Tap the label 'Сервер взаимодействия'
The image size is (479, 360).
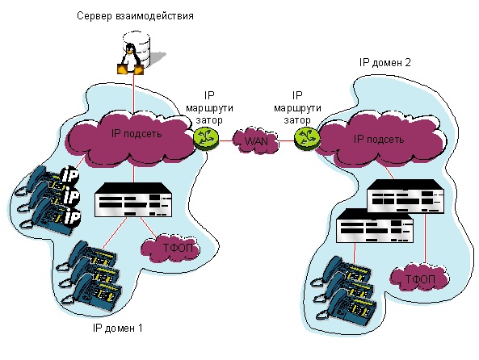135,16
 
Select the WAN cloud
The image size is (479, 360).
255,140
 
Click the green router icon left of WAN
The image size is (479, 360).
206,139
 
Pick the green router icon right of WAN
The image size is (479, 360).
307,138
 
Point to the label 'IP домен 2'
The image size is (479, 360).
385,63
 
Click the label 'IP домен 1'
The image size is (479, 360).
118,329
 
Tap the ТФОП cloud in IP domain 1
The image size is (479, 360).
170,248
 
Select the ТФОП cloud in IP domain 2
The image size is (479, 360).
420,278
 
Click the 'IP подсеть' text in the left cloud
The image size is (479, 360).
137,133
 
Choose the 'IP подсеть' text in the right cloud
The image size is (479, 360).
379,139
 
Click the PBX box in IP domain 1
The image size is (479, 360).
133,200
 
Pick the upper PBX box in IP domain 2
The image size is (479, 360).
405,195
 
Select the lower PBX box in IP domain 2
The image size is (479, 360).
375,226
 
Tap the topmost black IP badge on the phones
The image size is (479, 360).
70,175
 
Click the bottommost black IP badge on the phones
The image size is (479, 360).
71,217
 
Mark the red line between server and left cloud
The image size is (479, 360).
133,93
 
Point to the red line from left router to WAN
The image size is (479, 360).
226,140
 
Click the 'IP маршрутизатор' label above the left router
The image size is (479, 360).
209,108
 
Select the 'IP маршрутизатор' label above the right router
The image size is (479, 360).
297,108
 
